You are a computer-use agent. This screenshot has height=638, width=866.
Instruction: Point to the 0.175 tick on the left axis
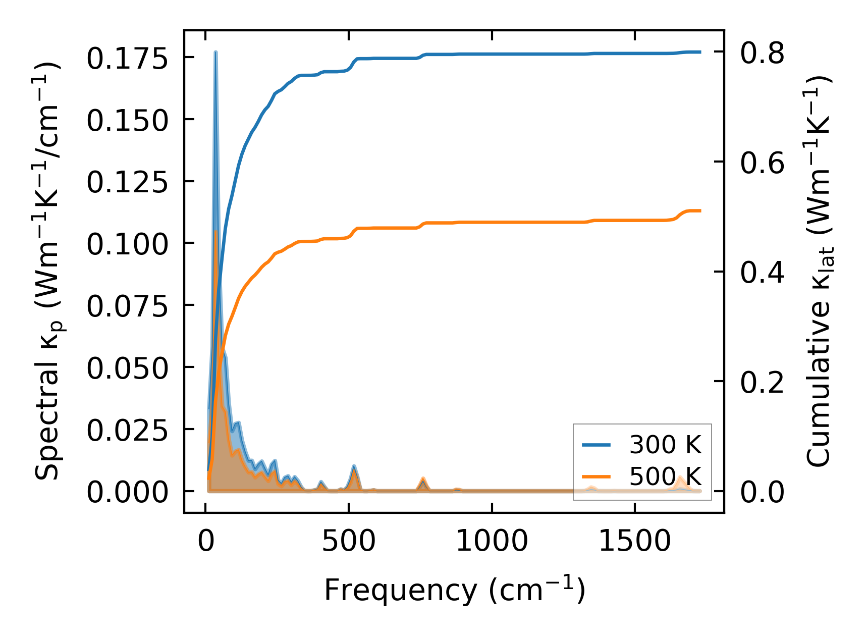click(127, 59)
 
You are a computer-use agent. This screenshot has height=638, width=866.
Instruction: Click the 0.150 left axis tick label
click(127, 121)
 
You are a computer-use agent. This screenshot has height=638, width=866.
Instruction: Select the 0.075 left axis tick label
click(127, 306)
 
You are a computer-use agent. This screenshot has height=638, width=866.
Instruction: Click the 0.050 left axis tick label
click(127, 368)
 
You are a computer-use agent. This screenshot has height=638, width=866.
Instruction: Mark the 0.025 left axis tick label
click(127, 431)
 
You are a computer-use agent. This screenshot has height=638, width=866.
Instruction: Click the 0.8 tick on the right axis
click(762, 52)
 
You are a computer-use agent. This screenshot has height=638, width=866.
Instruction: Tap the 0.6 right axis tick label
click(762, 163)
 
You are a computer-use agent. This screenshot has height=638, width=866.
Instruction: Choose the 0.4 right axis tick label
click(762, 273)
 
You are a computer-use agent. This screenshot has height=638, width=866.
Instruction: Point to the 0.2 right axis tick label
click(762, 382)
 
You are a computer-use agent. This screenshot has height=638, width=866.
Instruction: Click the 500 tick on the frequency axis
click(349, 542)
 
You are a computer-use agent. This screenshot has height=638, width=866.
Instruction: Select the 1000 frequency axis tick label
click(492, 542)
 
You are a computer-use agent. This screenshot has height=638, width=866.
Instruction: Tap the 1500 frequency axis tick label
click(634, 542)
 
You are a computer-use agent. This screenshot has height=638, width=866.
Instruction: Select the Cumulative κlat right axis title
click(819, 272)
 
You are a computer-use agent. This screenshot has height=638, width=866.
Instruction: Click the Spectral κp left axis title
click(48, 272)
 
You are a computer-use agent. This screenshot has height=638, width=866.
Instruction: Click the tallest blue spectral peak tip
click(215, 52)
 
